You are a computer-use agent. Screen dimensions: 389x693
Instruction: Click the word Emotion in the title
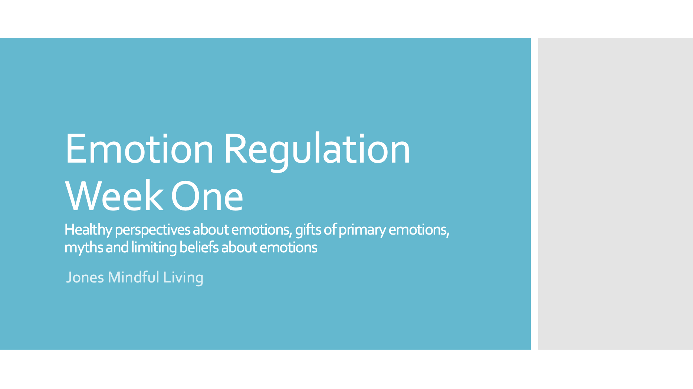pyautogui.click(x=139, y=149)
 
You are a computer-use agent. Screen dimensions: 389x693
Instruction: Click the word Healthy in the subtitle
pyautogui.click(x=88, y=230)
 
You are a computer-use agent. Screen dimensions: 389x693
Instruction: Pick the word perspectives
pyautogui.click(x=152, y=230)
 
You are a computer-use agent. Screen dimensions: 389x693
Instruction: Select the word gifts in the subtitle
pyautogui.click(x=308, y=230)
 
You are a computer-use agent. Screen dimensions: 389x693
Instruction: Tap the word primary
pyautogui.click(x=362, y=230)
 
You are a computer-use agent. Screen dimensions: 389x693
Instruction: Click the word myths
pyautogui.click(x=83, y=248)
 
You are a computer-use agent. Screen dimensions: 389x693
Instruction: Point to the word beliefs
pyautogui.click(x=199, y=248)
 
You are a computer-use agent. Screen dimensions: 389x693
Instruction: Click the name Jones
pyautogui.click(x=85, y=277)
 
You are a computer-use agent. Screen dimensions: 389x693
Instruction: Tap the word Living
pyautogui.click(x=183, y=277)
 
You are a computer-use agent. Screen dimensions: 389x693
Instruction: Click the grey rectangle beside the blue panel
pyautogui.click(x=615, y=193)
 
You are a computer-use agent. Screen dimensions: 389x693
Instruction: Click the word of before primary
pyautogui.click(x=330, y=230)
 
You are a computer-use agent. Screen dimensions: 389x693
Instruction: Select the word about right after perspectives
pyautogui.click(x=210, y=230)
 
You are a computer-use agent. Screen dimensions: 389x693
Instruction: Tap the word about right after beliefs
pyautogui.click(x=239, y=248)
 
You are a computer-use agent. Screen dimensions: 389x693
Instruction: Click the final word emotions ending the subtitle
pyautogui.click(x=288, y=248)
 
